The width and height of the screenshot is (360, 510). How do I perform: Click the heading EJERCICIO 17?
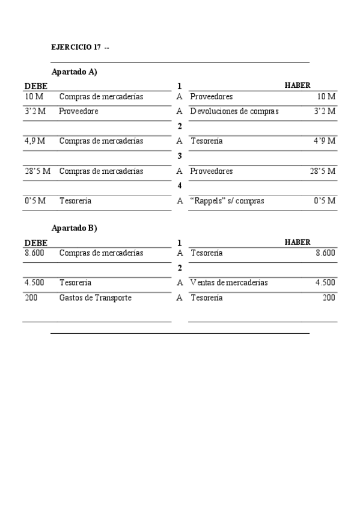pos(76,47)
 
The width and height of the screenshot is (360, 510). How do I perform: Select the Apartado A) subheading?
pos(75,72)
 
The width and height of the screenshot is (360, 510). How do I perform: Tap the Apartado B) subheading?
pos(75,228)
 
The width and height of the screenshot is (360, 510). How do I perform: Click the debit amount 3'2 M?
pos(35,111)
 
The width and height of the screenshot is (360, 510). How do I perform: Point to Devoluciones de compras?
pos(234,111)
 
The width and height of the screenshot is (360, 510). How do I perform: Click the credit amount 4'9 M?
pos(325,141)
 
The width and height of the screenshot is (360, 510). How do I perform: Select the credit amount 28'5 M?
pos(323,171)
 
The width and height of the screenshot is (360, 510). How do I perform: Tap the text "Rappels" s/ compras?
pos(227,201)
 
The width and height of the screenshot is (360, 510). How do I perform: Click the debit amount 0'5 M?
pos(35,201)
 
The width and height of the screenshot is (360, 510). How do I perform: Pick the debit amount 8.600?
pos(35,253)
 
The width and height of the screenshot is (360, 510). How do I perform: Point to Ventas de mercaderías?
pos(229,283)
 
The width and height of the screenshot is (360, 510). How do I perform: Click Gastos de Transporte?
pos(95,298)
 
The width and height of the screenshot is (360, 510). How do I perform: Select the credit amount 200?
pos(329,298)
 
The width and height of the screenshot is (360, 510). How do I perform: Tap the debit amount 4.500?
pos(34,283)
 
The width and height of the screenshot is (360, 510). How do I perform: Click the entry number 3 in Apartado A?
pos(180,156)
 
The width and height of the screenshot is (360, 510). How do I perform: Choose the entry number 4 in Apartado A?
pos(180,186)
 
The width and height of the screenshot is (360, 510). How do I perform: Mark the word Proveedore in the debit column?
pos(79,111)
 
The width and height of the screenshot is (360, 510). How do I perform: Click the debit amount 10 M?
pos(34,96)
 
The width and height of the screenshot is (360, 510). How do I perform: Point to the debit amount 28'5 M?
pos(37,171)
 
